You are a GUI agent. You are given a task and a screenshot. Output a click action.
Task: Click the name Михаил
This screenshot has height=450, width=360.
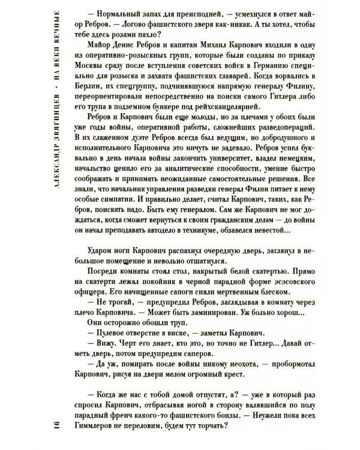point(226,61)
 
